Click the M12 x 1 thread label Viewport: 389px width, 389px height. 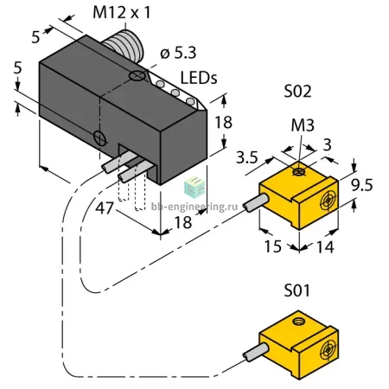point(121,13)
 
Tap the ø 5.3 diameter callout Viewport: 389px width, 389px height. point(178,53)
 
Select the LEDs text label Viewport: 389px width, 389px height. point(199,78)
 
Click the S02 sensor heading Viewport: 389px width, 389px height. point(297,92)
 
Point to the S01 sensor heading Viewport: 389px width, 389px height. point(297,290)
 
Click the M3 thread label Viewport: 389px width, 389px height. point(303,125)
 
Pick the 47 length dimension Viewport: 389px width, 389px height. point(105,208)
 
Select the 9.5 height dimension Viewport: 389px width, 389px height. point(362,185)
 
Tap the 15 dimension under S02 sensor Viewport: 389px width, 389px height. point(272,246)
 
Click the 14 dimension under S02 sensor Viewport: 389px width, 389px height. point(325,247)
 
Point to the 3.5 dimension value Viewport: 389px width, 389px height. point(247,157)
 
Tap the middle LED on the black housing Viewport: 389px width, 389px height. point(175,92)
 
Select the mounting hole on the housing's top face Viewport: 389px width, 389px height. point(137,76)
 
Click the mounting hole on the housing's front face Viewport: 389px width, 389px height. point(100,138)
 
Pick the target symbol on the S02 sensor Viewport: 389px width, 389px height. point(328,200)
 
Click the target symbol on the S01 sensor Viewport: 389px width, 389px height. point(328,350)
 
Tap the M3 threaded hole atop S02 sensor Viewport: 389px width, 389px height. point(298,172)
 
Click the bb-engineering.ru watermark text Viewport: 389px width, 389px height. point(194,207)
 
